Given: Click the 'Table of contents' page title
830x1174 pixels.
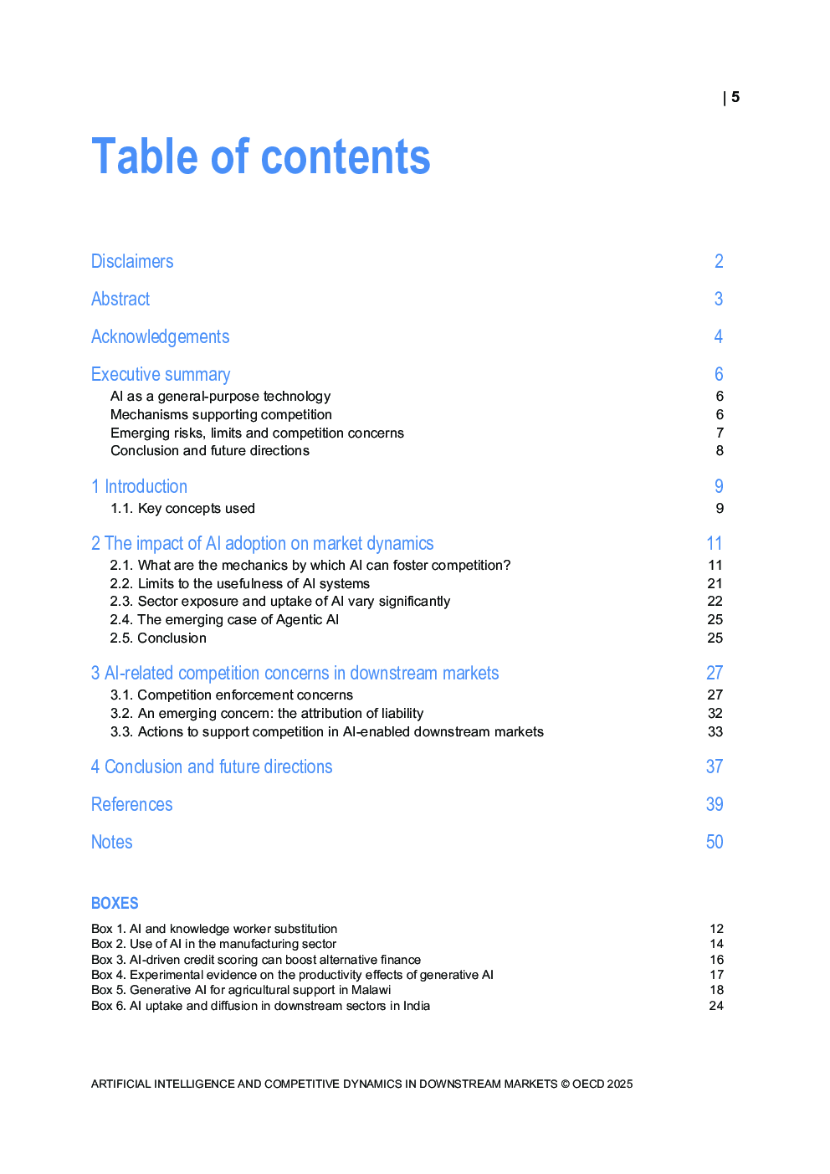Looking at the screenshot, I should click(260, 157).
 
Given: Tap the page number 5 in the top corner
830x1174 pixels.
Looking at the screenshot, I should click(735, 97).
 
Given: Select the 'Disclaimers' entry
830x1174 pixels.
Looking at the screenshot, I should click(132, 261).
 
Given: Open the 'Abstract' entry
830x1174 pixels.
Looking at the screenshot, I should click(120, 299).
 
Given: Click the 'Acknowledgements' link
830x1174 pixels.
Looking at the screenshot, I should click(160, 336).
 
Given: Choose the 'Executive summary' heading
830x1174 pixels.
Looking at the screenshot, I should click(161, 374).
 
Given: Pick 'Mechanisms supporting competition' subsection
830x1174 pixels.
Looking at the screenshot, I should click(221, 414).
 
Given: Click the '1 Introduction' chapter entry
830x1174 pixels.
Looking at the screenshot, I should click(139, 486).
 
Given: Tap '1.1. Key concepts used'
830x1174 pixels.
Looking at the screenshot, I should click(182, 508).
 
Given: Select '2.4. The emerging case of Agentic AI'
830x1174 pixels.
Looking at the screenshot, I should click(224, 619).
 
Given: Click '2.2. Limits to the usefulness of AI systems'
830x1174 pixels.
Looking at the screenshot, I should click(239, 583).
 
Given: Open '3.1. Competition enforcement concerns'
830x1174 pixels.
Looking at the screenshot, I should click(232, 695).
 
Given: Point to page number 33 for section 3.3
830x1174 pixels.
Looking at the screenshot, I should click(715, 731).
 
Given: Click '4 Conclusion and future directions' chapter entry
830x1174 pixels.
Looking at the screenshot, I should click(212, 766).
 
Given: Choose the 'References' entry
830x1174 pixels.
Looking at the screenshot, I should click(131, 804).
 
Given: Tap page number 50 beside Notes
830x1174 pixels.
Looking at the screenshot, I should click(714, 842).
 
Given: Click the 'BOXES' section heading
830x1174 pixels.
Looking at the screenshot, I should click(115, 903).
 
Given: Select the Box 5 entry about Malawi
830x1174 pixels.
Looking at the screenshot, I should click(241, 990).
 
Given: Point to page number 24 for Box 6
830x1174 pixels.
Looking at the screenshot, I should click(715, 1006).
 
